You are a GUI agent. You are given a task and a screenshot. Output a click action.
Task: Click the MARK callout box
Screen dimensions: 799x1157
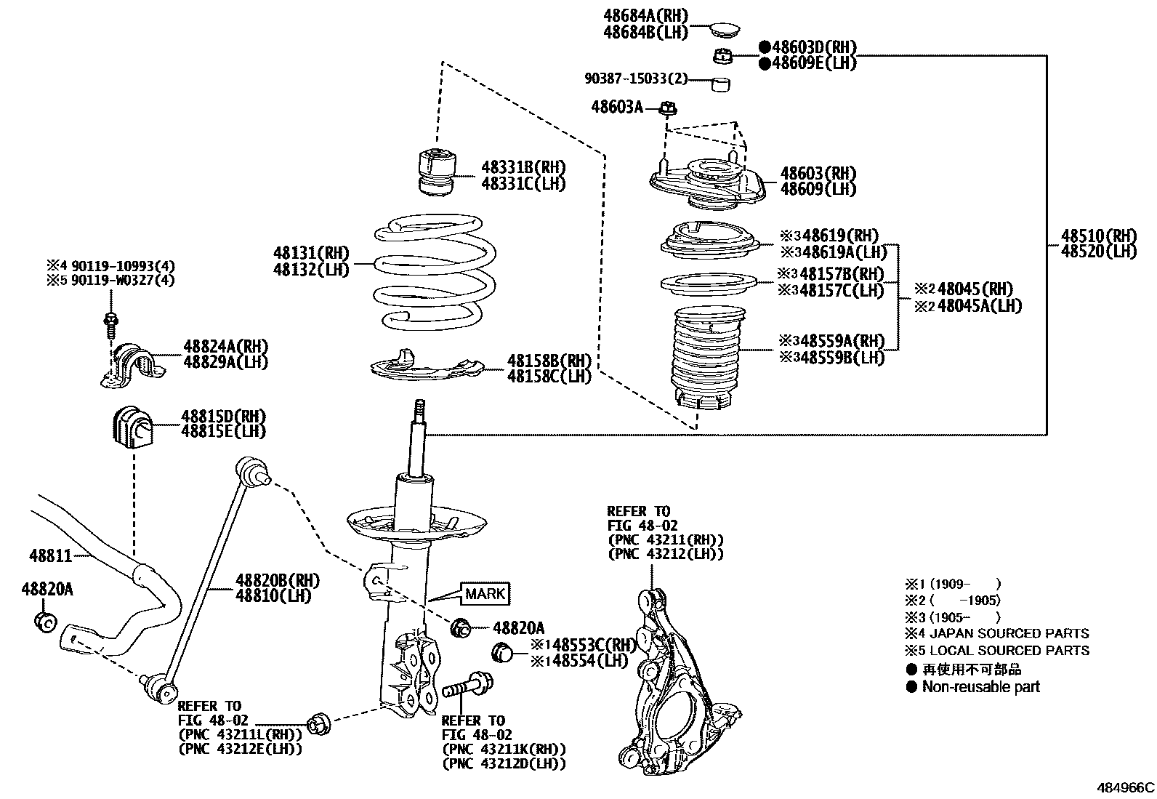coord(485,593)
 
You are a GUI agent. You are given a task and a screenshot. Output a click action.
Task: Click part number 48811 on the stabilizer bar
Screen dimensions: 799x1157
coord(51,556)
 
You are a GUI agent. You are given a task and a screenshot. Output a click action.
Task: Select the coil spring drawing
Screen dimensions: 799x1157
coord(435,270)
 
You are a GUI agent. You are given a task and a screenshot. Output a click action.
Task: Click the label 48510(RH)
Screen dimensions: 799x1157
coord(1097,236)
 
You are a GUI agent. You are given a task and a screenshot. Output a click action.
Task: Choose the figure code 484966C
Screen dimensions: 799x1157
coord(1125,787)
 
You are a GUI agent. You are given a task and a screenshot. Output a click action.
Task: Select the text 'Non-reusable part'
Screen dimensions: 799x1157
coord(980,686)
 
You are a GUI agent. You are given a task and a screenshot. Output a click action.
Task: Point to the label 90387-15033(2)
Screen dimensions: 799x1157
coord(636,79)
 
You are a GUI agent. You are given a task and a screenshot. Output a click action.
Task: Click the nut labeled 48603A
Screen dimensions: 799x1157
coord(669,109)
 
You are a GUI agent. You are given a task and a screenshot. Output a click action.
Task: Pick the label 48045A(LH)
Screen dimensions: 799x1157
coord(979,305)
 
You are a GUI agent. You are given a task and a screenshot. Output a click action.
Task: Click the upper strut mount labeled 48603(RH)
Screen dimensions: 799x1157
coord(706,183)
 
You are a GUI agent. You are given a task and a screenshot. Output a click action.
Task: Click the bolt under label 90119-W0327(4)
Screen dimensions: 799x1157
coord(111,322)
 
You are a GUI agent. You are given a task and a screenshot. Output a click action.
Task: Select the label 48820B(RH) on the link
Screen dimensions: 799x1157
coord(277,580)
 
